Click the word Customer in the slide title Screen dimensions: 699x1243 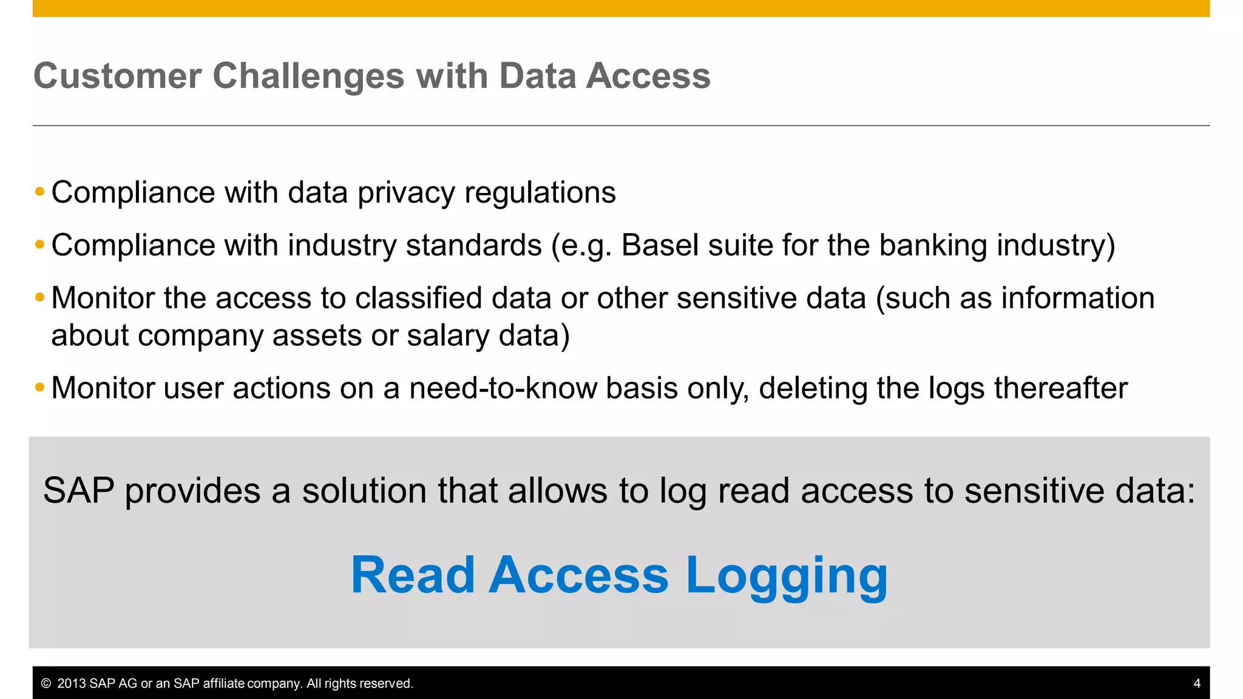[x=117, y=76]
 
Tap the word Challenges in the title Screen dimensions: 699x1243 [x=308, y=76]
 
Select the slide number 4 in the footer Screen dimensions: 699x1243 [x=1197, y=683]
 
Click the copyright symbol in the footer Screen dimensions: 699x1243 [x=46, y=684]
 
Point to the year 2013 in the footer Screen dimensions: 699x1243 [x=72, y=684]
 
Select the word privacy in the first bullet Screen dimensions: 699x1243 [x=406, y=194]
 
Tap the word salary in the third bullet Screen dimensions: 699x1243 [x=447, y=336]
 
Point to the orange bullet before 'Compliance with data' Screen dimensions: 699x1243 [x=40, y=192]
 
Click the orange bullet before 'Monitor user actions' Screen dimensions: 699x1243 [x=40, y=387]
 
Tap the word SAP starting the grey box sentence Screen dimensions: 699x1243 [x=78, y=491]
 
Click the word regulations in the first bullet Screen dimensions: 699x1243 [x=540, y=194]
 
